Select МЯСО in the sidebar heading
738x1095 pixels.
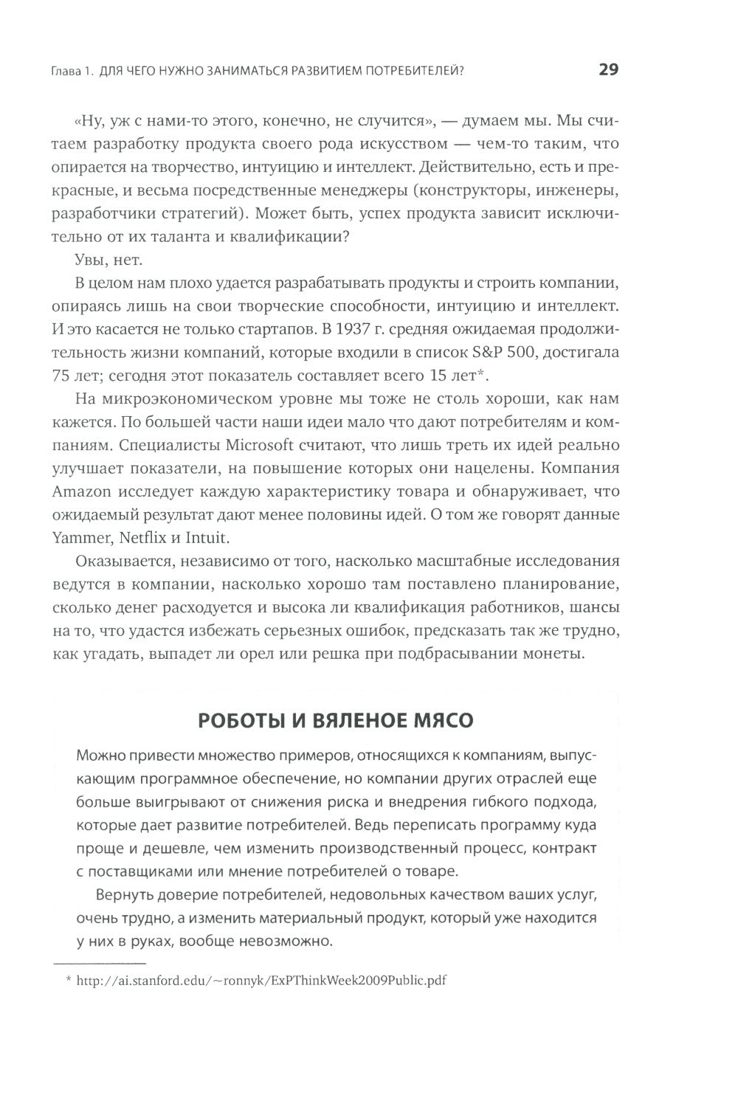pos(440,720)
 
